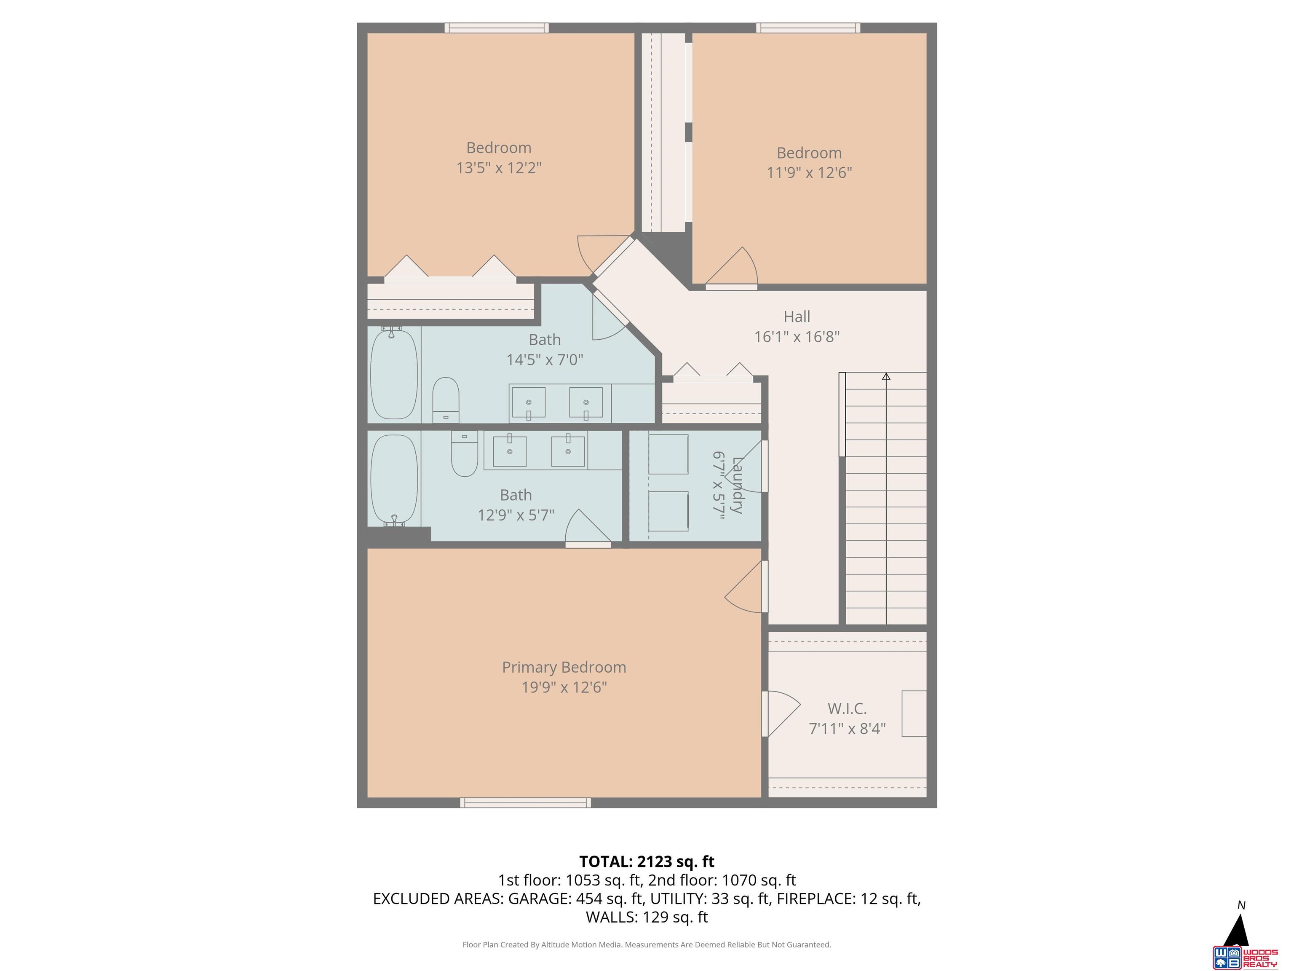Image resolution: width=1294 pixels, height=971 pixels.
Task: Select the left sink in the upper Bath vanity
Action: point(528,402)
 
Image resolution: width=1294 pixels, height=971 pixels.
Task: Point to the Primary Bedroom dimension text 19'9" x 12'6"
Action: point(564,687)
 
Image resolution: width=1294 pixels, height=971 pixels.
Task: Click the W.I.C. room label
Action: point(847,709)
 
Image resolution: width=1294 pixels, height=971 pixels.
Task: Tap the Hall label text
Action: point(797,317)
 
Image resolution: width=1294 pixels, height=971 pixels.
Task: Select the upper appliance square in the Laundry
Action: point(668,454)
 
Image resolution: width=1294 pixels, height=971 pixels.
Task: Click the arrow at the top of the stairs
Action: point(886,376)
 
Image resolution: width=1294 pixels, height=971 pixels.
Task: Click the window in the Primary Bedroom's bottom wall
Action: point(525,802)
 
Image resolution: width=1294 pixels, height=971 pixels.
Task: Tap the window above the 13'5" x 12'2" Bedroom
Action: point(496,27)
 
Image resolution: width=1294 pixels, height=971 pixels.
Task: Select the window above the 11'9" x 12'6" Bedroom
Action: point(808,27)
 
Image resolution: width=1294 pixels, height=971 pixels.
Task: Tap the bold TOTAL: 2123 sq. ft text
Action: point(647,861)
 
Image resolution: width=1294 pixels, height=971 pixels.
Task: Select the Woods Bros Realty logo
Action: point(1244,958)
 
